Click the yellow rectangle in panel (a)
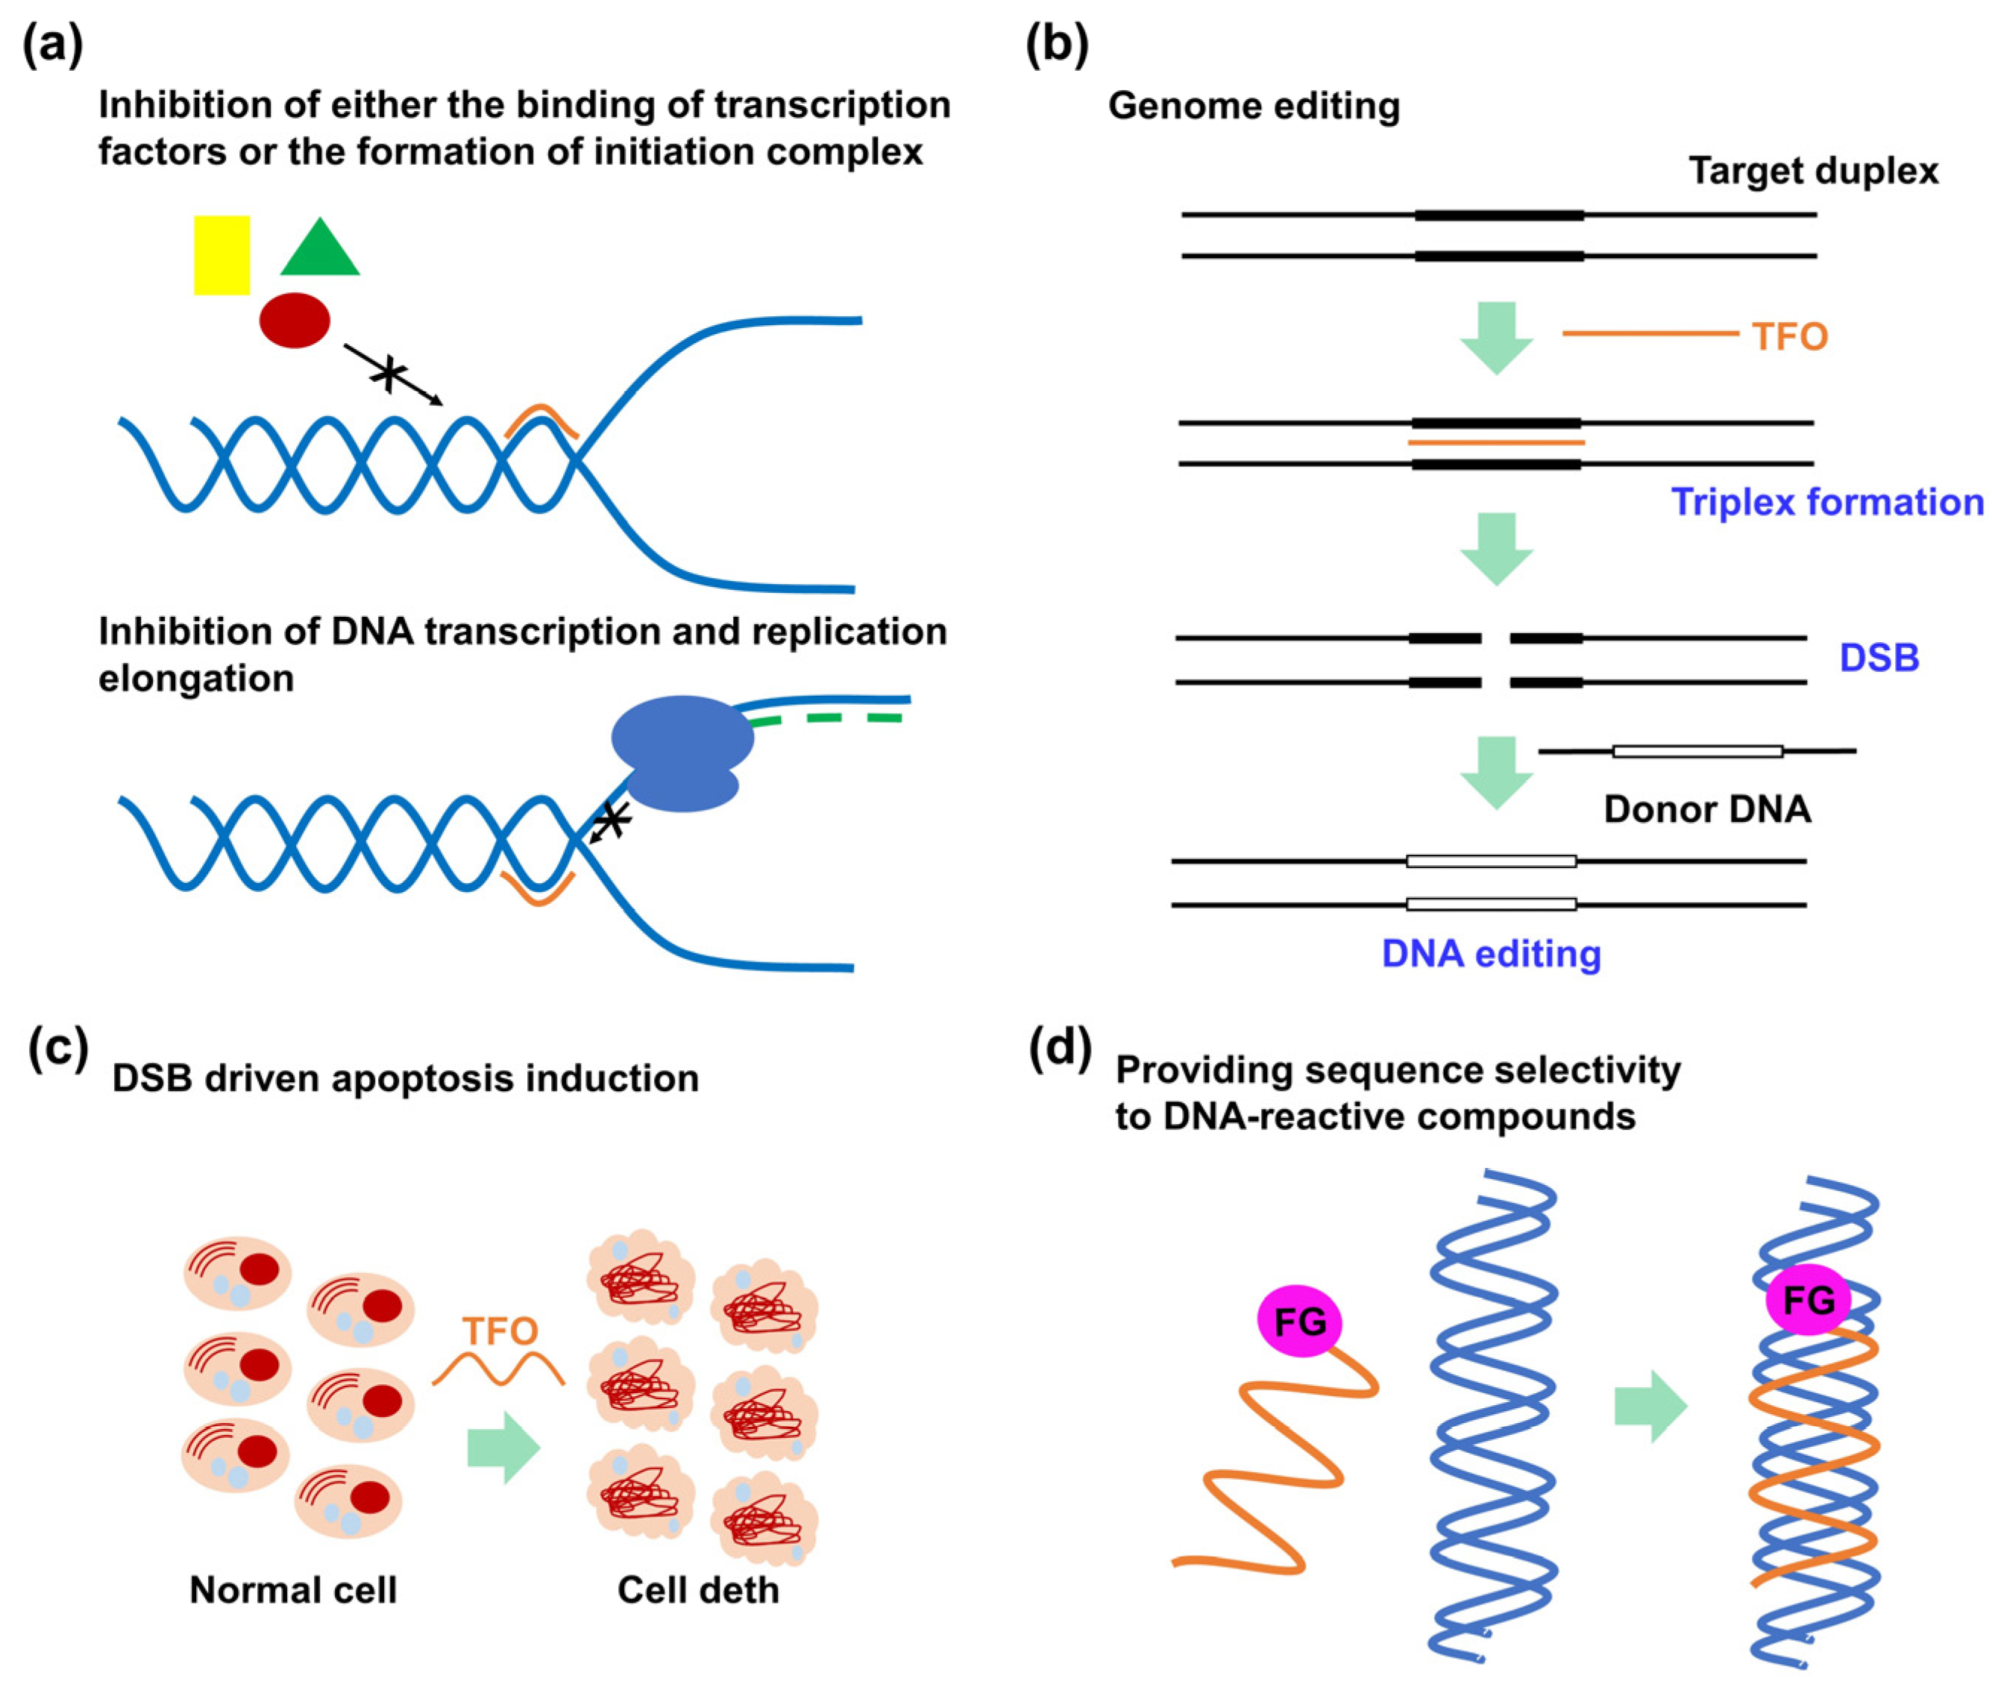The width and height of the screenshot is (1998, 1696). (x=222, y=255)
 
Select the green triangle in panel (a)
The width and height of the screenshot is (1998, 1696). (x=319, y=250)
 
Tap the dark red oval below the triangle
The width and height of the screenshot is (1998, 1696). (x=295, y=320)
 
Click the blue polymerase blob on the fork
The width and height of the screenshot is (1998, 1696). (x=682, y=753)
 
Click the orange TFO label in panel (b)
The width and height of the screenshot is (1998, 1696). (x=1788, y=336)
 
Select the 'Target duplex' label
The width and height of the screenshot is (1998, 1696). (x=1813, y=171)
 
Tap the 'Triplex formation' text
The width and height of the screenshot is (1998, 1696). (x=1827, y=502)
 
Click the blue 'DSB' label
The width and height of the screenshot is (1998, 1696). (x=1879, y=658)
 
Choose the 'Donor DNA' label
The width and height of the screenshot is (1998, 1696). (x=1706, y=808)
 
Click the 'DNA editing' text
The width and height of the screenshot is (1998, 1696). (x=1492, y=953)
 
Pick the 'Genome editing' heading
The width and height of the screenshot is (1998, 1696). (x=1254, y=106)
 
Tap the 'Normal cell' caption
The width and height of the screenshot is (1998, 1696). (x=293, y=1590)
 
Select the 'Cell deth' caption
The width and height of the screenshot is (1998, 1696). (x=698, y=1590)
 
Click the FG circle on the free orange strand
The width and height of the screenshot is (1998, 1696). (x=1300, y=1322)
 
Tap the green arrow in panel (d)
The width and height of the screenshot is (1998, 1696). (x=1650, y=1407)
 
